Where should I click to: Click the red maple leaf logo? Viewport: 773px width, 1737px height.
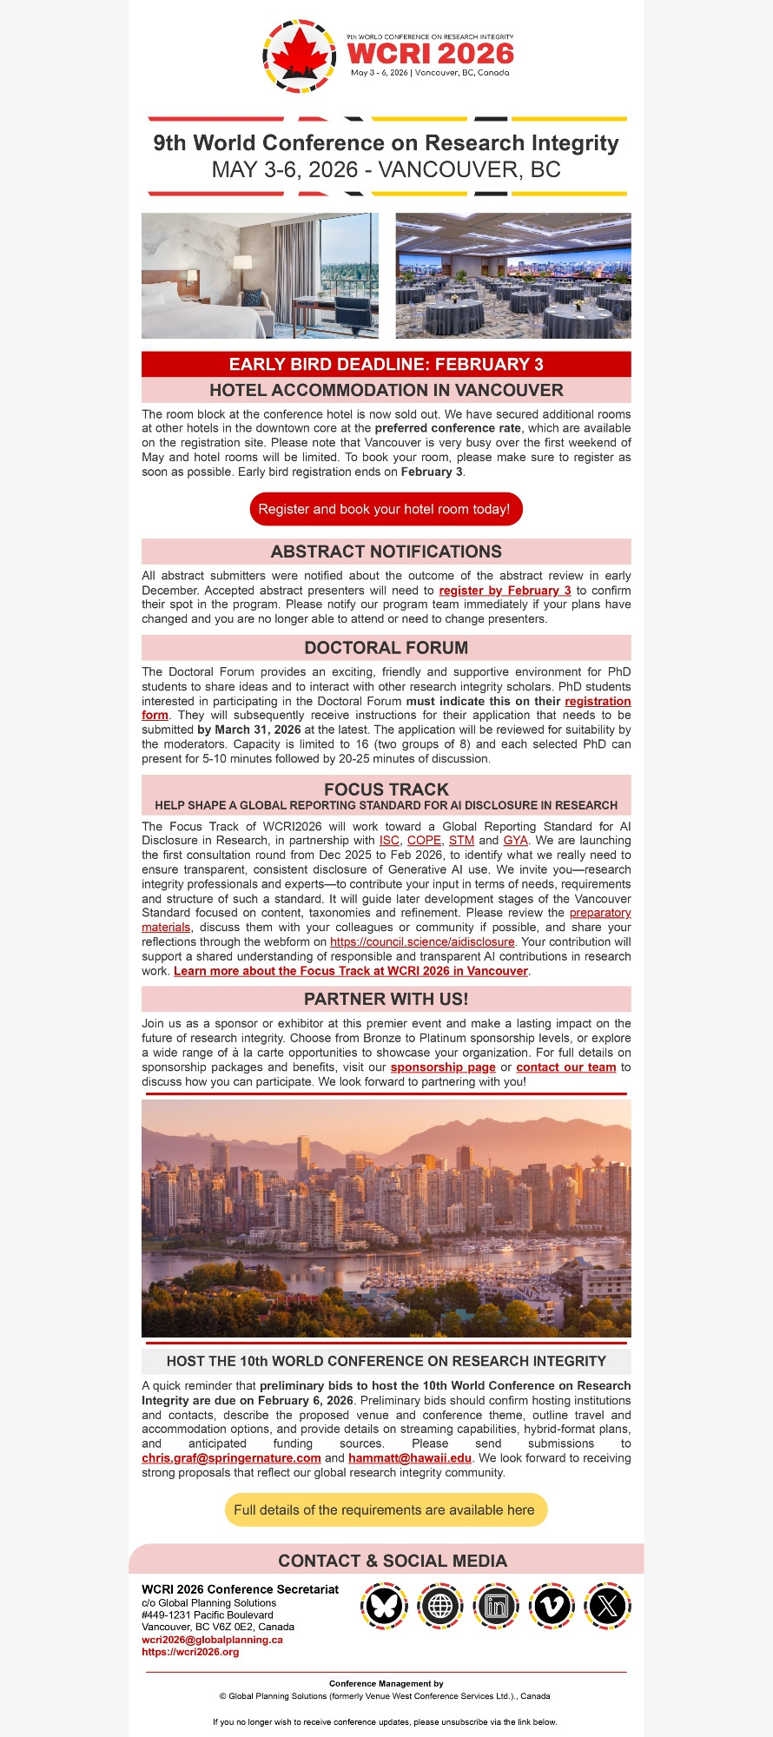click(x=299, y=56)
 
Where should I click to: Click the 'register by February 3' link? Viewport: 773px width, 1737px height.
click(x=505, y=591)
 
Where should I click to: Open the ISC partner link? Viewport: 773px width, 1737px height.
click(x=389, y=841)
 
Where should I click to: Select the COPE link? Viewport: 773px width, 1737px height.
click(x=424, y=841)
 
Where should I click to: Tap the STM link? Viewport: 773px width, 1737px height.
click(x=461, y=841)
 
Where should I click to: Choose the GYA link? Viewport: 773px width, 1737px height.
click(x=515, y=841)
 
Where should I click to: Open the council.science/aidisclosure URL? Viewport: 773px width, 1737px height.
click(x=422, y=942)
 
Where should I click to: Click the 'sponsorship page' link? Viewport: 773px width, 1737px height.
click(x=443, y=1067)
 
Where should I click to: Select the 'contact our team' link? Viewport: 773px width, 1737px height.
click(x=565, y=1067)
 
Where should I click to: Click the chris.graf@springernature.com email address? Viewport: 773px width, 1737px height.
click(x=231, y=1458)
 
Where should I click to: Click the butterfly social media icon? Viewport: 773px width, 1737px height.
click(x=384, y=1606)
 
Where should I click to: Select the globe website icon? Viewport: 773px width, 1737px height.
click(x=440, y=1606)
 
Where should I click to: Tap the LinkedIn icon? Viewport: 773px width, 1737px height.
click(x=496, y=1606)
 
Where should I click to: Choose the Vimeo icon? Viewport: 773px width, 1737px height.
click(x=552, y=1606)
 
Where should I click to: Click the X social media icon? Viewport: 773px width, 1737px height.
click(x=608, y=1606)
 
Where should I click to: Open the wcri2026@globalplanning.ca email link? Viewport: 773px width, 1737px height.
click(x=212, y=1640)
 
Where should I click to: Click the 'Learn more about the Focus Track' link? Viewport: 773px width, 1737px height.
click(x=351, y=971)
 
